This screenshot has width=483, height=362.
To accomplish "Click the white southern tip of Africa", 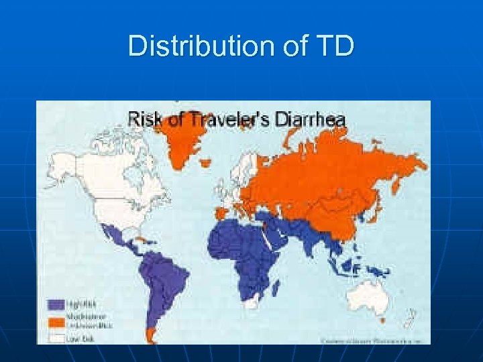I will pos(252,303).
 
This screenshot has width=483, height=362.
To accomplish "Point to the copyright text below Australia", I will pos(368,340).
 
